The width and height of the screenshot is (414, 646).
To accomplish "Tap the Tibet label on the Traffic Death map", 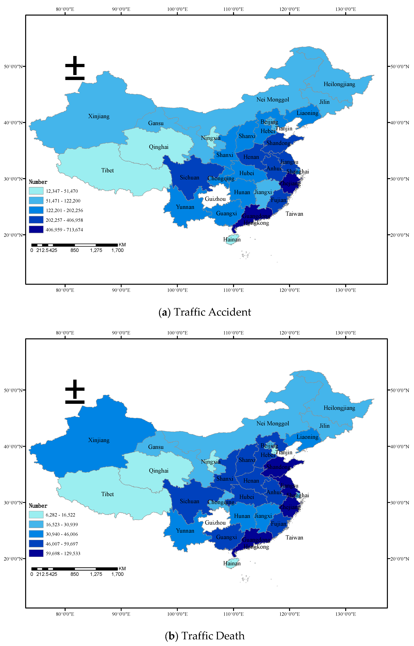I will click(108, 494).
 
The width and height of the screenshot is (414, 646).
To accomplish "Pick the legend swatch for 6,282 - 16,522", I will click(36, 515).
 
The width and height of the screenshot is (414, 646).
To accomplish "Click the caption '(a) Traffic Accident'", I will click(205, 312).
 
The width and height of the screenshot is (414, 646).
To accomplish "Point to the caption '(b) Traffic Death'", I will click(205, 636).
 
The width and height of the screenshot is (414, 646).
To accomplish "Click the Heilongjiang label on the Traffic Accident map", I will click(339, 84).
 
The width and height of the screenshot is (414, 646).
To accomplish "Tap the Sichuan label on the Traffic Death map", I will click(190, 501).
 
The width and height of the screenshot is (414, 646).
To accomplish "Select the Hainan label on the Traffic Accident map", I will click(232, 239).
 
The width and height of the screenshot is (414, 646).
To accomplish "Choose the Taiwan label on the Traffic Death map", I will click(294, 537).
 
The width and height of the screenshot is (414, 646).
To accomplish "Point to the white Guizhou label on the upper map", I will click(215, 199).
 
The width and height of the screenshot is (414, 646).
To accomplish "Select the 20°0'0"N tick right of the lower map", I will click(400, 559).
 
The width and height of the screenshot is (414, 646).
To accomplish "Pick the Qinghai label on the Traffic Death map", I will click(159, 471).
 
